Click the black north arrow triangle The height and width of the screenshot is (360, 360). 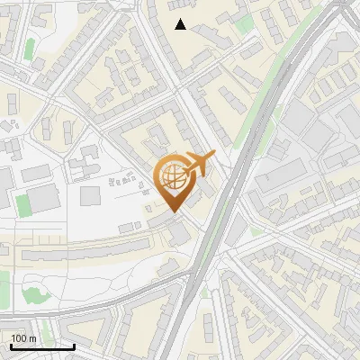click(181, 24)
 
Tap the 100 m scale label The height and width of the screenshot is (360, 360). click(24, 338)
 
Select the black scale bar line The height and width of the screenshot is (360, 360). click(42, 346)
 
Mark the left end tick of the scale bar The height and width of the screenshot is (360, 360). click(11, 346)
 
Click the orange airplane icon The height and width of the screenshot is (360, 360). click(197, 164)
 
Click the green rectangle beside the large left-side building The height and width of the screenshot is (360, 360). click(22, 203)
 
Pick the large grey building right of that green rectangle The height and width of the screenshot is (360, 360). click(45, 199)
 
